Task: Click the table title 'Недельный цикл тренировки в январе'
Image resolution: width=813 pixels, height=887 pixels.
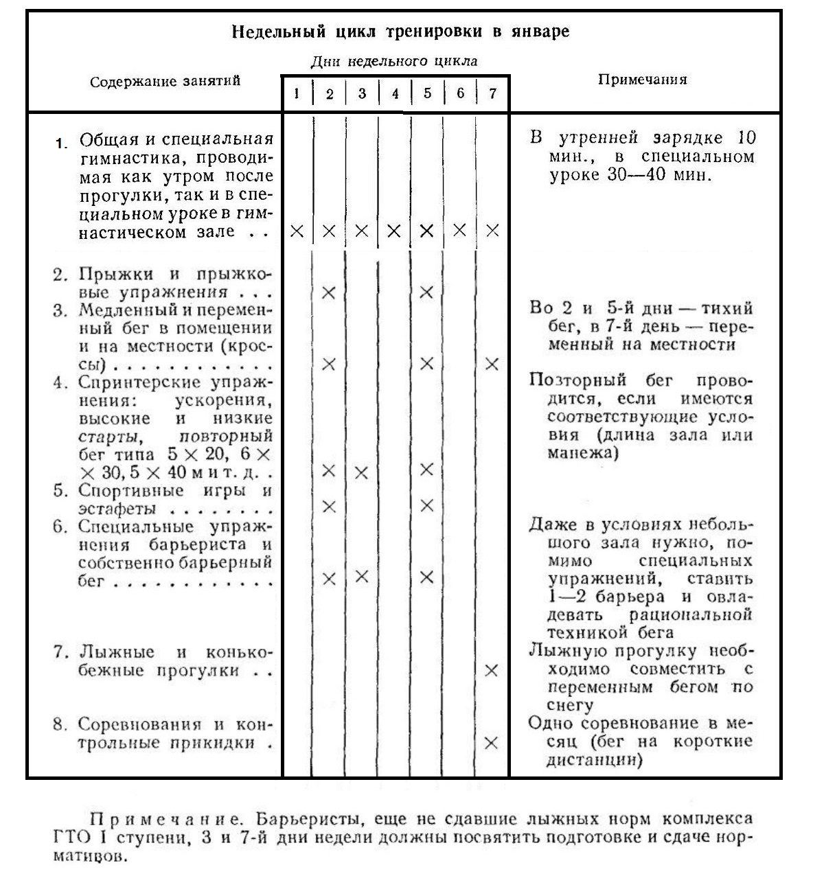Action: coord(400,32)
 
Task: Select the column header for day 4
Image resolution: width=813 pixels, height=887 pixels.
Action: coord(395,93)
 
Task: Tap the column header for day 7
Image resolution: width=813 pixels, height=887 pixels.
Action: coord(492,93)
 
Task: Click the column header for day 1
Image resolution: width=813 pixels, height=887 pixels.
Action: coord(297,93)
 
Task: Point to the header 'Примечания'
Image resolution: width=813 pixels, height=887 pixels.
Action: coord(642,80)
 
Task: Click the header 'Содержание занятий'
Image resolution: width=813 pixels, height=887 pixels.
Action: coord(165,81)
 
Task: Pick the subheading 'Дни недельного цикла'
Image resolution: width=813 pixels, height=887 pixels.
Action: coord(394,61)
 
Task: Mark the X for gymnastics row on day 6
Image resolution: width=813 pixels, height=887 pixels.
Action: coord(459,230)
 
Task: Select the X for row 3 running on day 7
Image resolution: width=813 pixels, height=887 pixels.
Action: coord(492,364)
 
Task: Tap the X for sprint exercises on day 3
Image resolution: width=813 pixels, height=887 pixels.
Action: coord(361,472)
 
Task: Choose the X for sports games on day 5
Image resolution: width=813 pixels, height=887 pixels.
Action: coord(426,506)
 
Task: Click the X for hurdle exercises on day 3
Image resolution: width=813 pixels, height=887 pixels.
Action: coord(361,576)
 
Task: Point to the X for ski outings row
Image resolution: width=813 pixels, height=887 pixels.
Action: coord(491,670)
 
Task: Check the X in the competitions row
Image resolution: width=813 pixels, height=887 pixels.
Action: coord(491,743)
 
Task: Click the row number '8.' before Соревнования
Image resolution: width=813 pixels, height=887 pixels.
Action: coord(60,725)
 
